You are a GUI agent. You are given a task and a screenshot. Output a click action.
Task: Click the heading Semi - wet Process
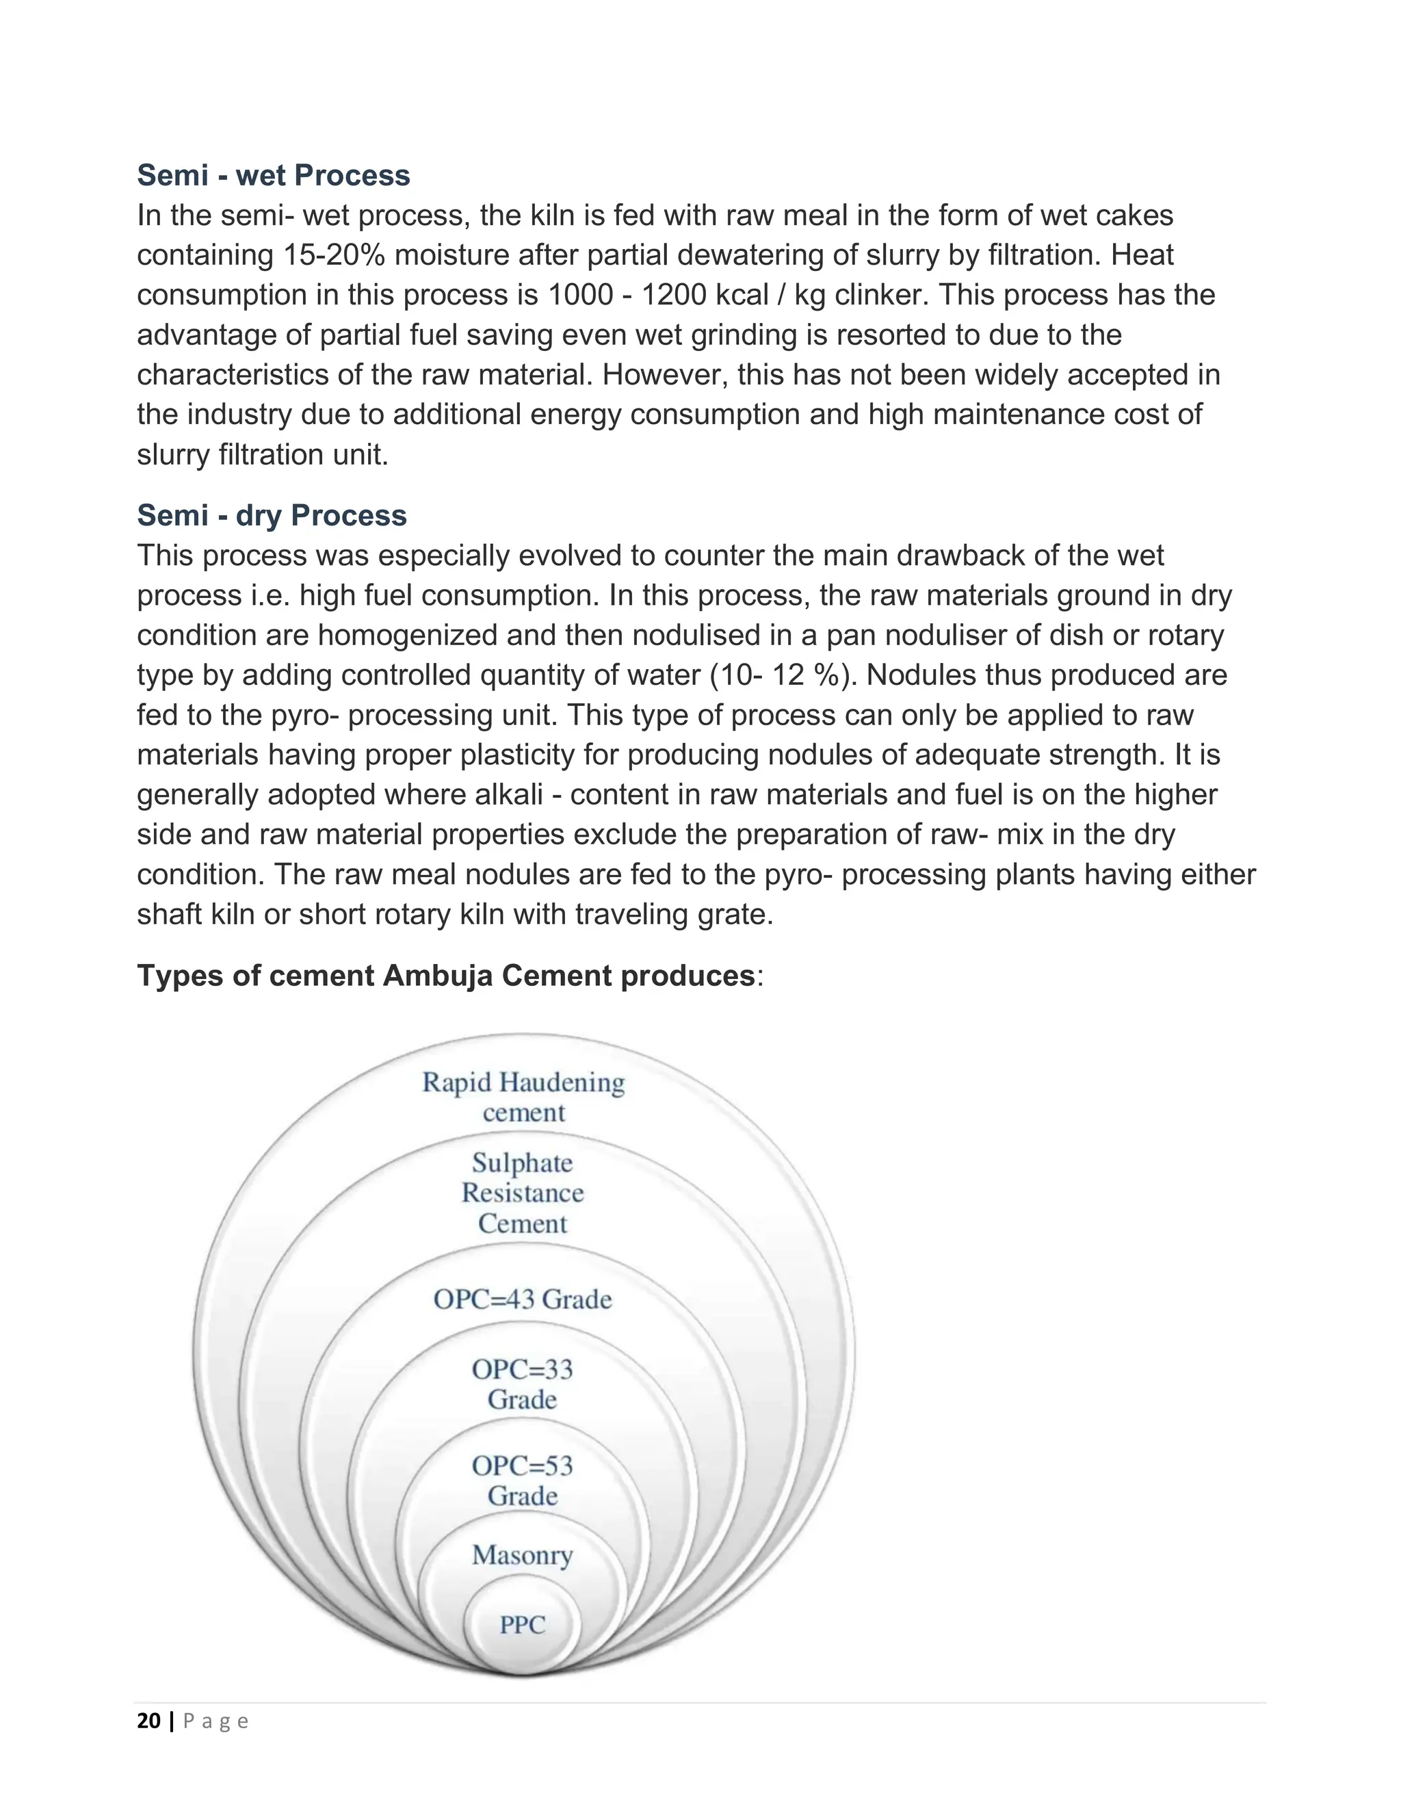pos(273,175)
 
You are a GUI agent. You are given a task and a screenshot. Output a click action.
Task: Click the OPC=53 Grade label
pos(522,1480)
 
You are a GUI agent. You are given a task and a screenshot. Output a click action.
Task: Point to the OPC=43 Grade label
pos(522,1299)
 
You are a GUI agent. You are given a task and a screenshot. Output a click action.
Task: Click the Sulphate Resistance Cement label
pos(522,1193)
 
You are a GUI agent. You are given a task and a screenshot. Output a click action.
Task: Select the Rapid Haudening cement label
pos(523,1097)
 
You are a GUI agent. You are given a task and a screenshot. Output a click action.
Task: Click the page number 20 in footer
pos(148,1721)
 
